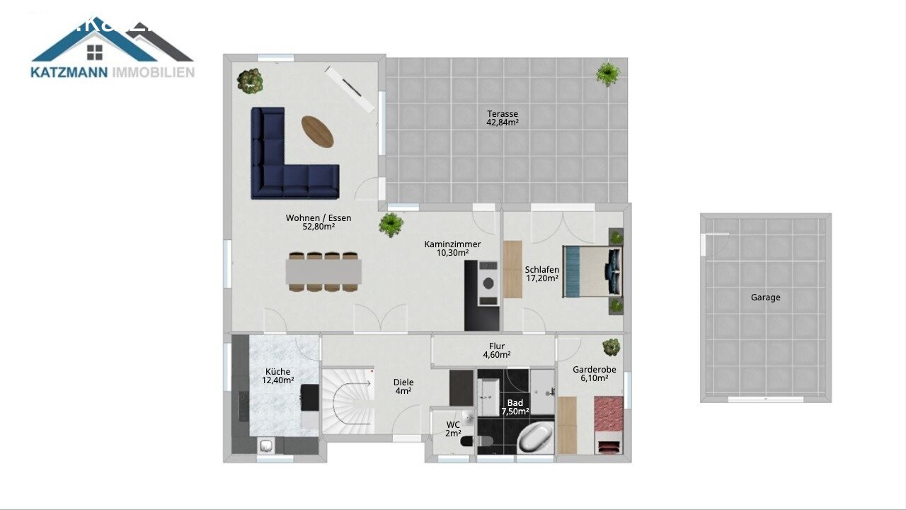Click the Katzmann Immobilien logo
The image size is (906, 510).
(113, 49)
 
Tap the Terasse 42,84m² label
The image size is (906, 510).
(503, 118)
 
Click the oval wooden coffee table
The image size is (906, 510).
(317, 131)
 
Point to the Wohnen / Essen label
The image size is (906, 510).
(319, 222)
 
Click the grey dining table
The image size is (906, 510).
(324, 271)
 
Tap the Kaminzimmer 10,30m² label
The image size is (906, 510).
(452, 249)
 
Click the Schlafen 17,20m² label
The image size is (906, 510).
(542, 274)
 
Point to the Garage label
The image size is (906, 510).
(766, 297)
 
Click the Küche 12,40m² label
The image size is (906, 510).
(277, 376)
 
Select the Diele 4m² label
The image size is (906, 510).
(403, 387)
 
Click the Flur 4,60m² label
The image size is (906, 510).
(497, 351)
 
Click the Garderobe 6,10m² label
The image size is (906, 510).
(595, 374)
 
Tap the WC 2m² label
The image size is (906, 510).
(453, 429)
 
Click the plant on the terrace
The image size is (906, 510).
(607, 73)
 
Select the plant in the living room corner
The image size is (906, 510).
(249, 80)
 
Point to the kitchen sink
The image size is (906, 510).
(267, 446)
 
